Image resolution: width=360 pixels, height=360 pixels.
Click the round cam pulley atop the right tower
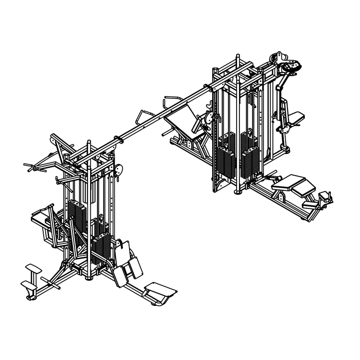[290, 64]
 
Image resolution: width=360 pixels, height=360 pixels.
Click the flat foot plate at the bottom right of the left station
[160, 289]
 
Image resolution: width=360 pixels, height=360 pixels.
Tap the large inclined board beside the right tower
[180, 120]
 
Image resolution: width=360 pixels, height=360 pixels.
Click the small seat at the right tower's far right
[296, 116]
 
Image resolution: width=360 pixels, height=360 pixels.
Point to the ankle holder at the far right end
[325, 197]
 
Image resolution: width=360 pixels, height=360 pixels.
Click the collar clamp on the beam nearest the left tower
[117, 140]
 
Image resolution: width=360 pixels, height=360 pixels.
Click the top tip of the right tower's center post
[236, 57]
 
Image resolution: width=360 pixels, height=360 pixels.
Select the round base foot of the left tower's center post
[89, 277]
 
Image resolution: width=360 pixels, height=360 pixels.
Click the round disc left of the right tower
[208, 116]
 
